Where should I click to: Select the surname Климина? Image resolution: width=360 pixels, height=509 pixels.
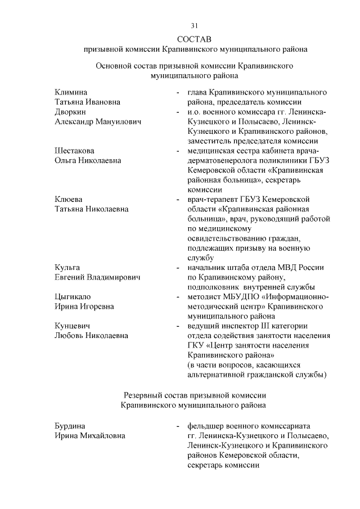tap(71, 92)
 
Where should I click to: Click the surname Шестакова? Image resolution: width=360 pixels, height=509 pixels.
tap(75, 151)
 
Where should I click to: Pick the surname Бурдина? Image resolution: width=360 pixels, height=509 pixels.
tap(71, 426)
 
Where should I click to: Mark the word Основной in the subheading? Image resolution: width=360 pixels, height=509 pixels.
tap(115, 66)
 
